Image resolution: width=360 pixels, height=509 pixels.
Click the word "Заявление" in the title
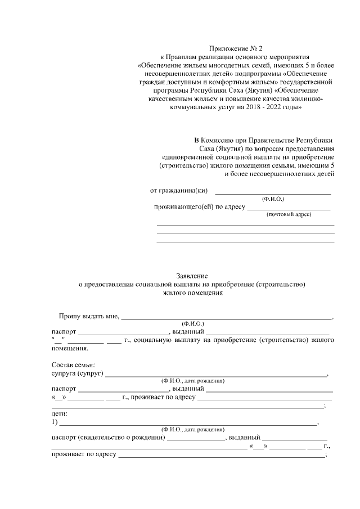[x=192, y=276]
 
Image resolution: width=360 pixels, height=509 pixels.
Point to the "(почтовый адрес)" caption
[x=289, y=215]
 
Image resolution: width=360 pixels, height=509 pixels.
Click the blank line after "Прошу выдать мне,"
[x=227, y=318]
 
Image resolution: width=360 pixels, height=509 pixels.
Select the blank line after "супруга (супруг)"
[x=216, y=374]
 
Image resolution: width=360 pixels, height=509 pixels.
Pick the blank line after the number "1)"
[x=188, y=423]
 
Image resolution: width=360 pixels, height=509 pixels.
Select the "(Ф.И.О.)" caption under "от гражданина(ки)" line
[x=273, y=199]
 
